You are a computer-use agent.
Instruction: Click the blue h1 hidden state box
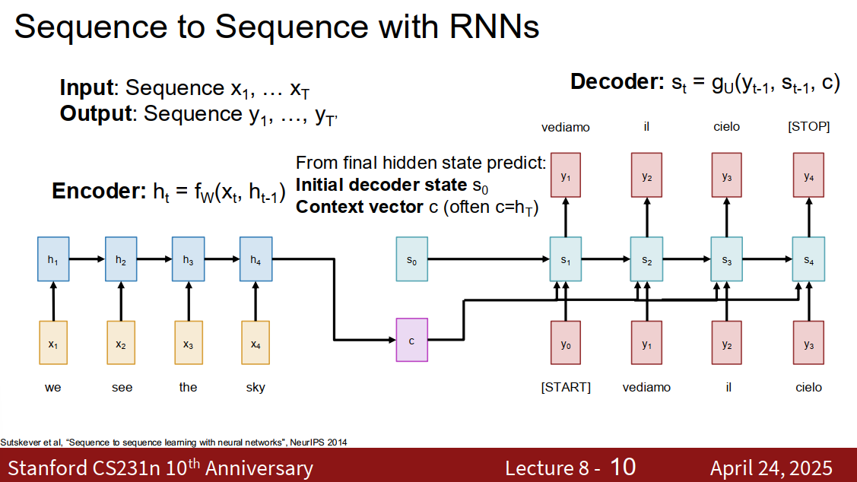(52, 260)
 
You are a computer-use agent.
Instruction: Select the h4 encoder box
(256, 260)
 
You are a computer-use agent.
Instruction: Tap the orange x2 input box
(121, 344)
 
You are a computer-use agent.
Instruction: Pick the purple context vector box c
(411, 340)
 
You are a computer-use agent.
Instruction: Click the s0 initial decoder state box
(411, 260)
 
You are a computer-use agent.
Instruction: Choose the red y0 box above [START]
(566, 344)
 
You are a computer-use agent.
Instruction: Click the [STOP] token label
(808, 127)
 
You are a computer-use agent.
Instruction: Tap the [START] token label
(566, 387)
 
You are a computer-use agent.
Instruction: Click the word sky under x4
(256, 387)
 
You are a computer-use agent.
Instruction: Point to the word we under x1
(52, 387)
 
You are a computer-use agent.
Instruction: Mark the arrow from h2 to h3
(154, 259)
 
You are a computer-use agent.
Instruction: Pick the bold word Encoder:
(97, 192)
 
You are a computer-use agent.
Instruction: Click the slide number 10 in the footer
(623, 467)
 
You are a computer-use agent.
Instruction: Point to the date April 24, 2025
(771, 468)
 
